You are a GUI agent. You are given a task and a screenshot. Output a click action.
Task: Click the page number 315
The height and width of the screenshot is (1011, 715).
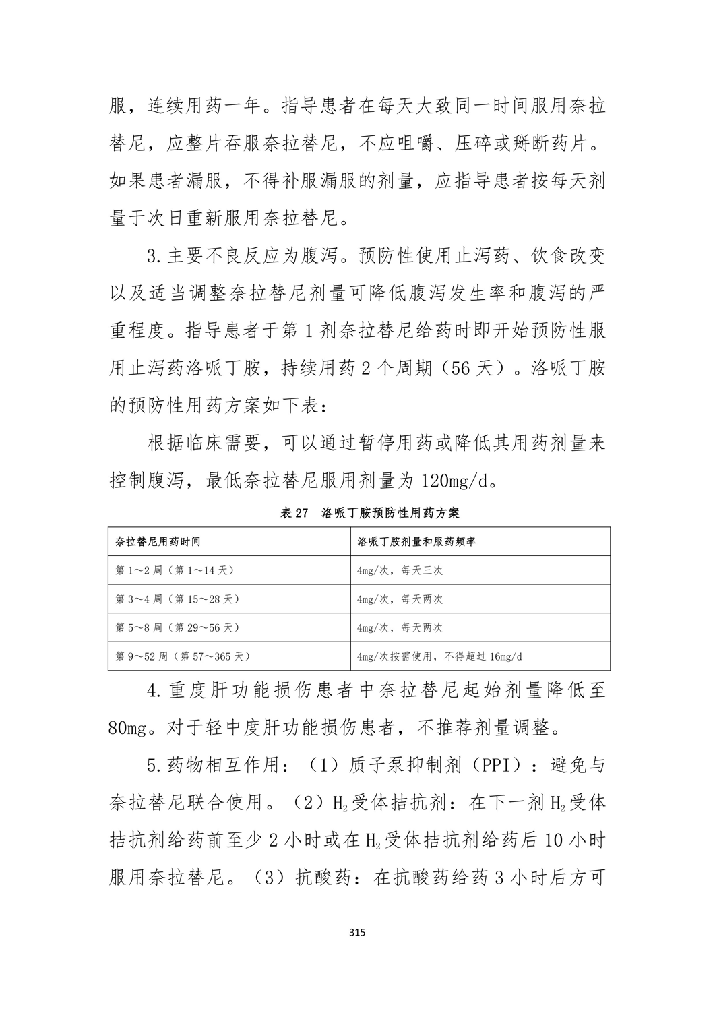click(357, 933)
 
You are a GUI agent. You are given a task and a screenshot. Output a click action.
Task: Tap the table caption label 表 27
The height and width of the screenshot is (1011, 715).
click(293, 513)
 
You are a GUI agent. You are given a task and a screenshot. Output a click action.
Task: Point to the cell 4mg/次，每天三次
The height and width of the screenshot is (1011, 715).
click(400, 570)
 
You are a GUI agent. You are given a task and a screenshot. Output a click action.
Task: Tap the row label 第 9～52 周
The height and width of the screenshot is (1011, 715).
click(142, 656)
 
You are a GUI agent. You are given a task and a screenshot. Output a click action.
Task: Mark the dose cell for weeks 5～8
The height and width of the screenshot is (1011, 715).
click(400, 627)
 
